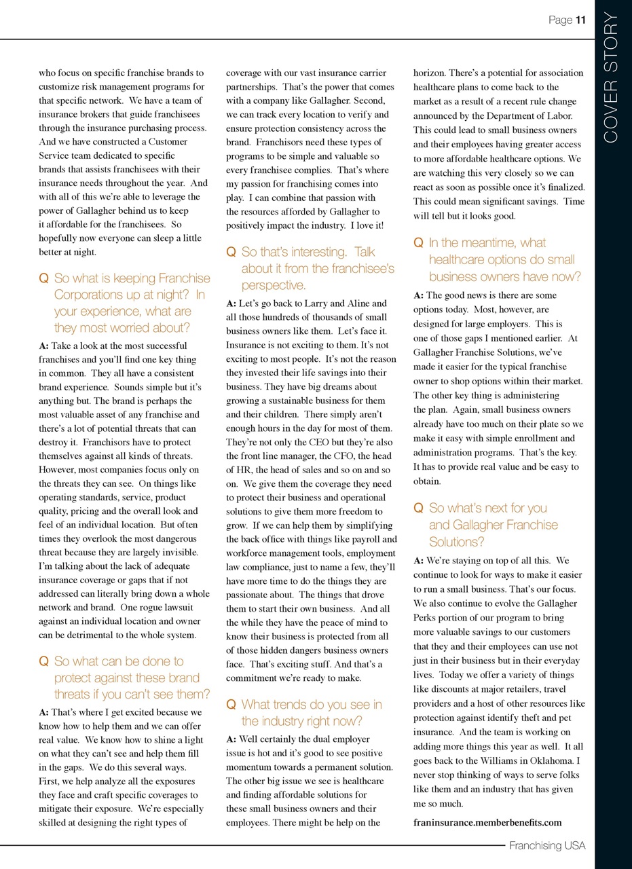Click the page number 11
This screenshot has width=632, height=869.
pyautogui.click(x=580, y=20)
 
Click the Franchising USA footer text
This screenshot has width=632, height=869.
pyautogui.click(x=547, y=845)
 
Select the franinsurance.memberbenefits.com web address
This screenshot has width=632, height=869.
pyautogui.click(x=487, y=822)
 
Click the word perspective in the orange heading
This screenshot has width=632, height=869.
pyautogui.click(x=274, y=285)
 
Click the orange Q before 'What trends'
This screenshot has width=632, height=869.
pyautogui.click(x=230, y=705)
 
